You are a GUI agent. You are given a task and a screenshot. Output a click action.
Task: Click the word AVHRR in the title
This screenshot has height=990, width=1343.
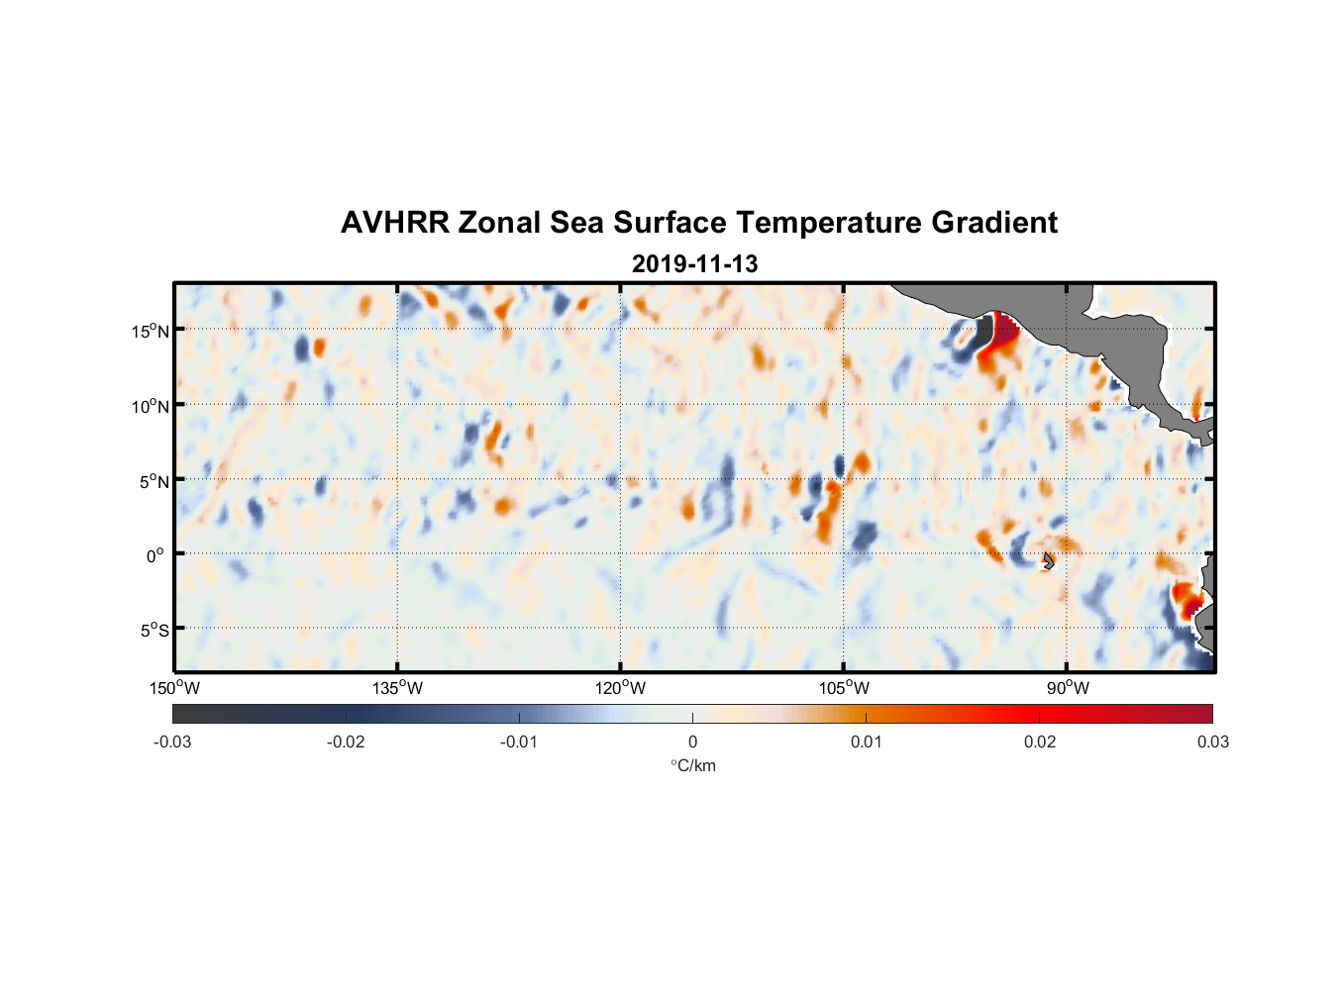tap(394, 223)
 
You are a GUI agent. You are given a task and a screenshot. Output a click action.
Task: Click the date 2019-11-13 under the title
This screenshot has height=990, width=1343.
tap(694, 264)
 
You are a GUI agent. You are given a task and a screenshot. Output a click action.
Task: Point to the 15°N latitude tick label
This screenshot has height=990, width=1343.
tap(151, 331)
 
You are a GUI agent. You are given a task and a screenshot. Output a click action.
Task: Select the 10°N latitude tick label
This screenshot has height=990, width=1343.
tap(151, 406)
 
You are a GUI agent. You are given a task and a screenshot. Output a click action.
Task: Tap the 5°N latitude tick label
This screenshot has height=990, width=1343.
tap(153, 481)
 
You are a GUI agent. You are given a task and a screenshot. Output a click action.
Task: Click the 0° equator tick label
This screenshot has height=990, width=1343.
tap(155, 555)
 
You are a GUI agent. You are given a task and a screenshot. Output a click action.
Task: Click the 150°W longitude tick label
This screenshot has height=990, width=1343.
tap(175, 688)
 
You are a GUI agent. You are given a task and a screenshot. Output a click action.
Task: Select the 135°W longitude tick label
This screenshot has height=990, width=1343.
tap(398, 688)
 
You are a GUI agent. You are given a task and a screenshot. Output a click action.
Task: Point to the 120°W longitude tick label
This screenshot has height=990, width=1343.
tap(621, 688)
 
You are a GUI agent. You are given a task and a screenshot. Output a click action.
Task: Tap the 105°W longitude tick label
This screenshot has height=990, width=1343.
tap(844, 688)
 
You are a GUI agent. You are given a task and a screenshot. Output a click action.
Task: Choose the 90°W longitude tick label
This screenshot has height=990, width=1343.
tap(1068, 688)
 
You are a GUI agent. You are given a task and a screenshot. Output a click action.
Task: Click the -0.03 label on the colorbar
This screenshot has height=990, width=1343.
tap(172, 742)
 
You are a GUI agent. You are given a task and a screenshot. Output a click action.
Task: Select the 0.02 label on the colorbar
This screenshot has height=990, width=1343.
tap(1039, 742)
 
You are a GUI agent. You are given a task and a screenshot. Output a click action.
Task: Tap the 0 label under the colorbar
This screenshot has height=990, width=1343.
tap(692, 742)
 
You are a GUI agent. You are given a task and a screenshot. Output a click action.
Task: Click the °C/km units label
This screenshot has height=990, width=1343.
tap(692, 765)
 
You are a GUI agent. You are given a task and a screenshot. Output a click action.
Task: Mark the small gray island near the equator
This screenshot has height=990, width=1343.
tap(1048, 561)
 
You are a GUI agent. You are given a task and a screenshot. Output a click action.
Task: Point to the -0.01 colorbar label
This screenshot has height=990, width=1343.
tap(519, 742)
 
